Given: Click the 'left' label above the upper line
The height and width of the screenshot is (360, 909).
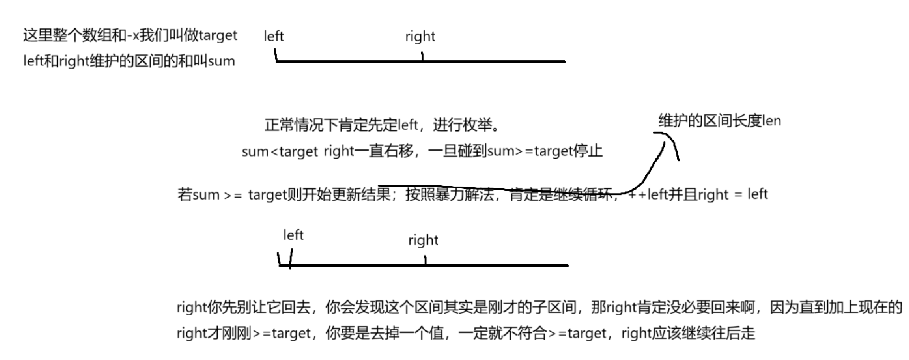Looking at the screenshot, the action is click(274, 36).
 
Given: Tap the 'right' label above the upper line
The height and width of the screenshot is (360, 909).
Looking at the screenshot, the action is click(420, 37).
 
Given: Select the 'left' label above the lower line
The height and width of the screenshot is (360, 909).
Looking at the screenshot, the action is click(293, 235).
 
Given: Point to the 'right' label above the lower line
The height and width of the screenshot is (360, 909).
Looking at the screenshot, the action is click(423, 240).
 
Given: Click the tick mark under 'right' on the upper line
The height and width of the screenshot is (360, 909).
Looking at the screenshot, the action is click(422, 57).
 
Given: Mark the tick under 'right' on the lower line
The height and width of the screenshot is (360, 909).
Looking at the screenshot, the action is click(425, 260).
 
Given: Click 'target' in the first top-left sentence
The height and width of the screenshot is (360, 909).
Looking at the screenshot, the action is click(218, 35).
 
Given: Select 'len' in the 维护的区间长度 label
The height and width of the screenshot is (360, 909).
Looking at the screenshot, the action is click(772, 121).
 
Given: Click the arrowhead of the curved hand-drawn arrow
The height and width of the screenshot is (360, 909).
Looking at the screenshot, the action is click(665, 136).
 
